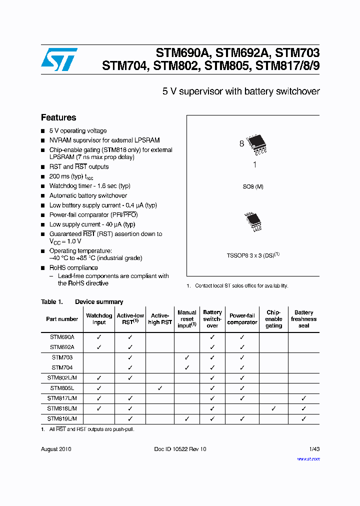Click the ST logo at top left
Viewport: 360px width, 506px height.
coord(59,59)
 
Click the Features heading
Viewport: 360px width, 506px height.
coord(58,117)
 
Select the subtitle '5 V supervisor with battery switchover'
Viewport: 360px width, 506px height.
coord(241,91)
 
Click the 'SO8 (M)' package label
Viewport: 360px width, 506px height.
coord(253,186)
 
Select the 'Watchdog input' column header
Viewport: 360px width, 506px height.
coord(99,319)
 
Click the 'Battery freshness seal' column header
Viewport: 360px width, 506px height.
coord(303,319)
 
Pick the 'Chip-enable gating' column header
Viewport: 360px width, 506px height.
coord(273,319)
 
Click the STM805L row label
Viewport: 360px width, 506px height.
coord(62,388)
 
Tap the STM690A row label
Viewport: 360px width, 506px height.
coord(62,337)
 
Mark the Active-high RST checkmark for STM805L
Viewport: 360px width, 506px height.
coord(159,388)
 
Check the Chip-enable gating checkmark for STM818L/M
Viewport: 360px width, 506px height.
coord(273,408)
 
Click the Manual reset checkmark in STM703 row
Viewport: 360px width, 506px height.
coord(186,357)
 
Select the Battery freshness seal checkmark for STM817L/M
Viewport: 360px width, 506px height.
coord(303,398)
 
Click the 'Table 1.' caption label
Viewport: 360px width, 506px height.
coord(51,302)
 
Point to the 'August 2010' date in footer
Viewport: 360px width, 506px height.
coord(56,449)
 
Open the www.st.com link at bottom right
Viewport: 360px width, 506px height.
coord(308,458)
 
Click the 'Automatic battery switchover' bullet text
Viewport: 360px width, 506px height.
coord(88,195)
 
